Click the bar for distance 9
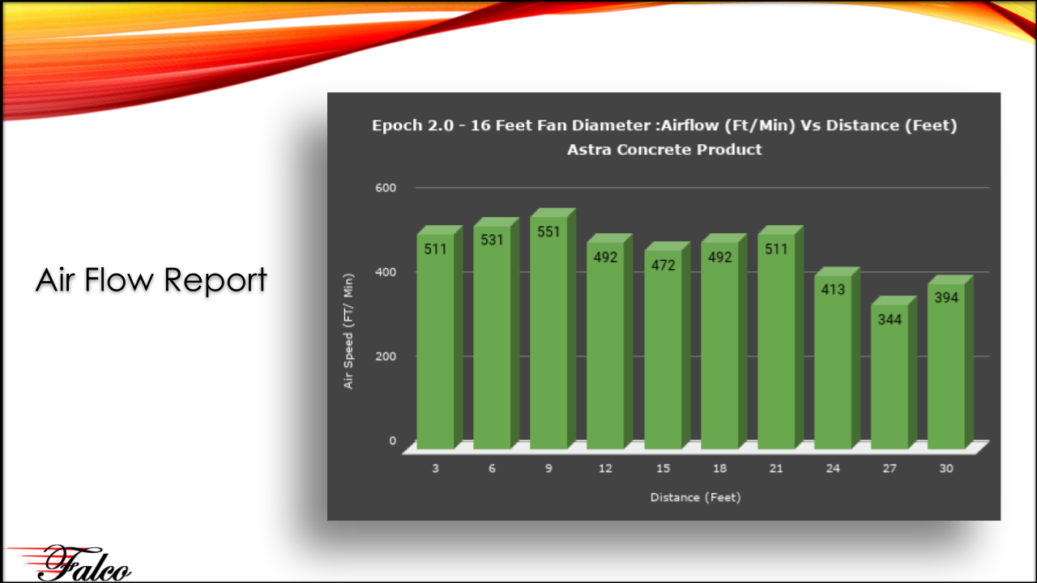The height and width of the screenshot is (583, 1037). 553,329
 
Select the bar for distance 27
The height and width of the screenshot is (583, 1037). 894,372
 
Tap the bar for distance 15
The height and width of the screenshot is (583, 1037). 667,345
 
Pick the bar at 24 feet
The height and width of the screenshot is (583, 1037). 837,358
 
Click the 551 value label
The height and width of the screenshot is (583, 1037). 548,232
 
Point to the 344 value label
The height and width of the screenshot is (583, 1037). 890,319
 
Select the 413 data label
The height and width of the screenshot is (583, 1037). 833,290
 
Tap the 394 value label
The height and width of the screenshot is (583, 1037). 946,297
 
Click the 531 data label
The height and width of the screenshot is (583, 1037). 492,240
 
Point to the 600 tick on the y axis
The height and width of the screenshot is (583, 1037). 386,188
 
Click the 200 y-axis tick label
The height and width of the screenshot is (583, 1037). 386,356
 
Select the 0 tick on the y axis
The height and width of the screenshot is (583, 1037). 393,440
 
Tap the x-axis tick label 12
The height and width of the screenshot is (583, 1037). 605,468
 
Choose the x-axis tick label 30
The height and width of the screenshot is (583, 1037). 946,468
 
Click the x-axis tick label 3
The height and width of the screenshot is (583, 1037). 435,468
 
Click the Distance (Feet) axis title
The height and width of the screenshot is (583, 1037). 695,497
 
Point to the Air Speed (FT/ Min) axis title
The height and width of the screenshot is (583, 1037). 348,331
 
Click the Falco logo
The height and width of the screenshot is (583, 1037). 70,563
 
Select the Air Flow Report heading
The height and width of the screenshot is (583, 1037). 151,280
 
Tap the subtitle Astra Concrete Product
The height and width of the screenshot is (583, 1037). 664,150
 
